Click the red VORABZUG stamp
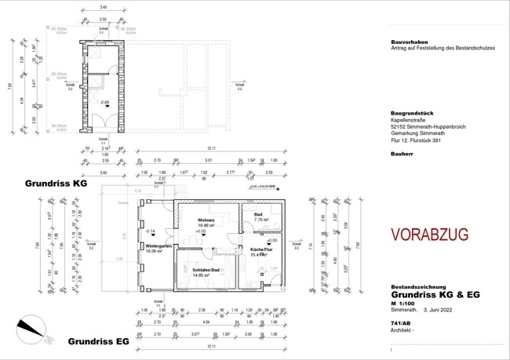(x=429, y=234)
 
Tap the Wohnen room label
(x=206, y=220)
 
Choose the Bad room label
(x=259, y=215)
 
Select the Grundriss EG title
(x=98, y=342)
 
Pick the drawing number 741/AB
(x=401, y=323)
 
